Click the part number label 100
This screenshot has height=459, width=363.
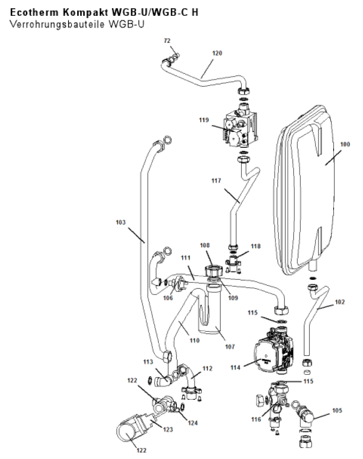point(345,144)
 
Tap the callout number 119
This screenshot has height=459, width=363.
point(204,120)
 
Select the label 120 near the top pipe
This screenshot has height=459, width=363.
point(217,53)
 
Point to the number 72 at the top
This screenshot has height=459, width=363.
point(167,41)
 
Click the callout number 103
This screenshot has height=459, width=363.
point(121,222)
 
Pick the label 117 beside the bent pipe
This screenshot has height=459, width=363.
point(216,181)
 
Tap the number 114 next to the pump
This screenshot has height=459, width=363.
point(235,367)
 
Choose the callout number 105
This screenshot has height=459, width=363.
point(337,410)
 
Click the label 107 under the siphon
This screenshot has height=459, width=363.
point(230,347)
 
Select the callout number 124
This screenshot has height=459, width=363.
point(193,423)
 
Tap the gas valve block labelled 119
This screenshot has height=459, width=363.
point(241,129)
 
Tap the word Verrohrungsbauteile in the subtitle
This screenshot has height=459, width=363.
point(57,24)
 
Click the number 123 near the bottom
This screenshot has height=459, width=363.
point(168,430)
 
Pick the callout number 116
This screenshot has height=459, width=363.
point(256,420)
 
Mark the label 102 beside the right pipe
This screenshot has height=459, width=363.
point(340,302)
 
